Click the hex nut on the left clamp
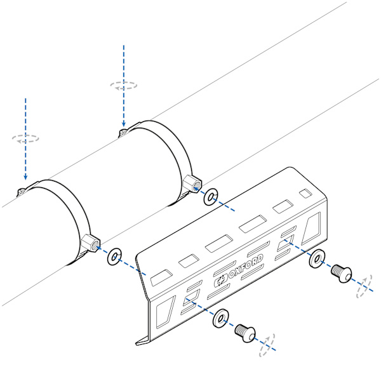pyautogui.click(x=91, y=244)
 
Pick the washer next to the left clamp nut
pyautogui.click(x=114, y=257)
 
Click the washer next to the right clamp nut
pyautogui.click(x=211, y=196)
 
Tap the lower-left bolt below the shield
pyautogui.click(x=245, y=333)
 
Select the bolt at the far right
pyautogui.click(x=342, y=273)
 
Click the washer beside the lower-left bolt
pyautogui.click(x=220, y=318)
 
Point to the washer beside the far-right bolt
pyautogui.click(x=317, y=258)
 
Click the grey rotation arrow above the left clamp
pyautogui.click(x=25, y=138)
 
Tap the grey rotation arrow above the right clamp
pyautogui.click(x=123, y=86)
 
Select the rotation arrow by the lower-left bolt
pyautogui.click(x=267, y=345)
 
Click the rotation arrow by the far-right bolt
pyautogui.click(x=364, y=286)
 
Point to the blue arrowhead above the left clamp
pyautogui.click(x=25, y=177)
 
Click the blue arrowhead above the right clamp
pyautogui.click(x=124, y=123)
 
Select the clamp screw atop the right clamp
pyautogui.click(x=124, y=133)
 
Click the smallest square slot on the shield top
pyautogui.click(x=305, y=194)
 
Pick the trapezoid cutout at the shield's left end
pyautogui.click(x=166, y=312)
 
